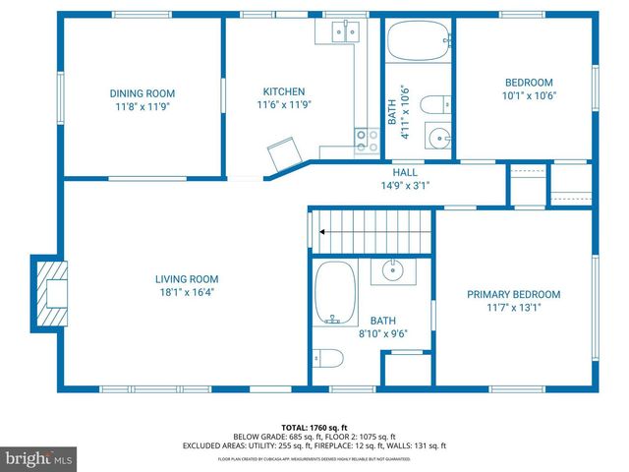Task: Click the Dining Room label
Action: coord(143,93)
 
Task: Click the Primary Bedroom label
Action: coord(513,294)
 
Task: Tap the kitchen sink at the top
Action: coord(344,31)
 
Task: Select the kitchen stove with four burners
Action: coord(367,141)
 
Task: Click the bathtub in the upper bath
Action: coord(417,42)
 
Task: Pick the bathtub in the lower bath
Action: coord(334,292)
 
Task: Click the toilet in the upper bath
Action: coord(439,102)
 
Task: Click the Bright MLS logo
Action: coord(39,458)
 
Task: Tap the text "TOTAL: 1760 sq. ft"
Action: coord(315,428)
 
